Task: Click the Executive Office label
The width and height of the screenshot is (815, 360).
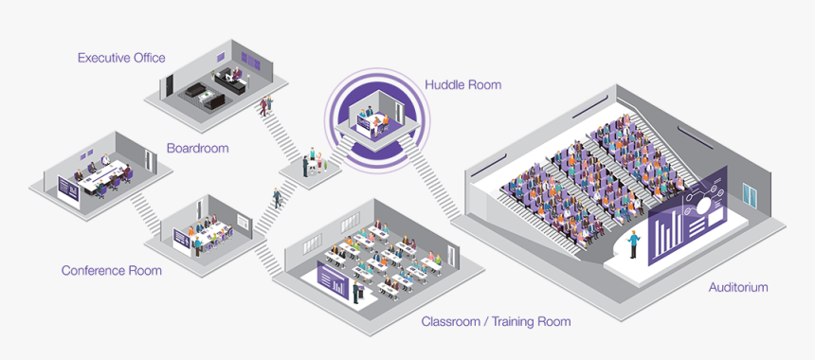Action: (x=121, y=58)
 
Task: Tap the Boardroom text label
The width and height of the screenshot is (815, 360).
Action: (x=197, y=148)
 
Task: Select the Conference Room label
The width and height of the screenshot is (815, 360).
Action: (x=111, y=270)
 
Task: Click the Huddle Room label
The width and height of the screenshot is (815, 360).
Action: (x=463, y=84)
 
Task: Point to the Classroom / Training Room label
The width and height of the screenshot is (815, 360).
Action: (x=496, y=321)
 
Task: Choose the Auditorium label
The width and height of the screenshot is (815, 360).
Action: (x=737, y=286)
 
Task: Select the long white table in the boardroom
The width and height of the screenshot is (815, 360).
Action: (x=105, y=176)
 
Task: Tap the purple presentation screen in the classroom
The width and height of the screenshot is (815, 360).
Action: (x=334, y=280)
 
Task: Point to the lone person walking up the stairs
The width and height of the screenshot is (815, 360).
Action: (x=277, y=198)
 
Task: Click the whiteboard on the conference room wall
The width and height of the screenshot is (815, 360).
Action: (x=244, y=223)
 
